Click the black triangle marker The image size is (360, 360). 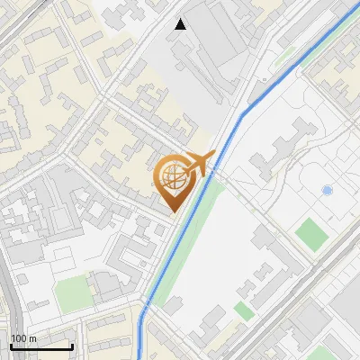coord(181,24)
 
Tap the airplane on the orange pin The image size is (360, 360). coord(197,162)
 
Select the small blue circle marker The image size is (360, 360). coord(327,191)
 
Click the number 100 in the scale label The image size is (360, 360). coord(20,338)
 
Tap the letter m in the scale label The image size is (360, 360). coord(33,338)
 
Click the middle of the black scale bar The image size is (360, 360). coord(41,346)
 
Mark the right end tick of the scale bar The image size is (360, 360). coord(72,346)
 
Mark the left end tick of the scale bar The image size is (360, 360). coord(11,346)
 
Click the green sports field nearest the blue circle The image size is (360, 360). coord(311,234)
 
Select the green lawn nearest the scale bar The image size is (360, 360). coord(71,293)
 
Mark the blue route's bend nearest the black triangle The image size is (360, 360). coord(245,113)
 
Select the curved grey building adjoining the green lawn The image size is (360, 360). coord(106,286)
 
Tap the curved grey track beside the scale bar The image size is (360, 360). coord(9,306)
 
